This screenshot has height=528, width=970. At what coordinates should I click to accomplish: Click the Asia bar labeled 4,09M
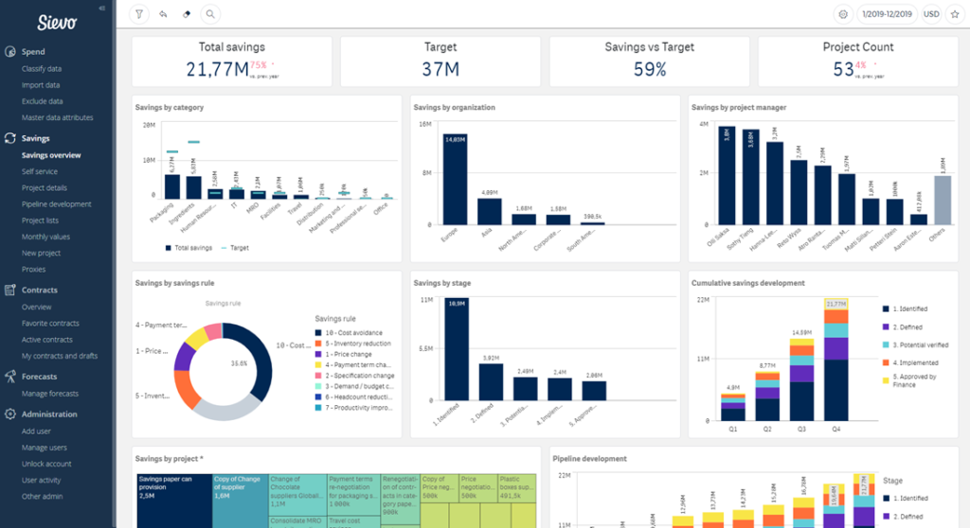[489, 212]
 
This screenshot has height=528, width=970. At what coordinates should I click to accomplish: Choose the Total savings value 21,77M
[217, 69]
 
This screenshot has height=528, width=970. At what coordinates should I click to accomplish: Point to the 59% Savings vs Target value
[650, 69]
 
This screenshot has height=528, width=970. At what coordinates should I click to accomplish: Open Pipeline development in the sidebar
[57, 204]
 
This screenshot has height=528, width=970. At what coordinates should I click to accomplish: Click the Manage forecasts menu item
[51, 393]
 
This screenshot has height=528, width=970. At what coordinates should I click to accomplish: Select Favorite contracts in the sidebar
[51, 324]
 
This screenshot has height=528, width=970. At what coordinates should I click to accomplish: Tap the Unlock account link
[46, 464]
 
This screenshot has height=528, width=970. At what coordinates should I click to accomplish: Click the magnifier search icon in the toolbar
[209, 14]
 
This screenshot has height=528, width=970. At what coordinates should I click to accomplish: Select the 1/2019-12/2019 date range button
[886, 14]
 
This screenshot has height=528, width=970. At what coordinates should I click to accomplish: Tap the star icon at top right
[954, 14]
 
